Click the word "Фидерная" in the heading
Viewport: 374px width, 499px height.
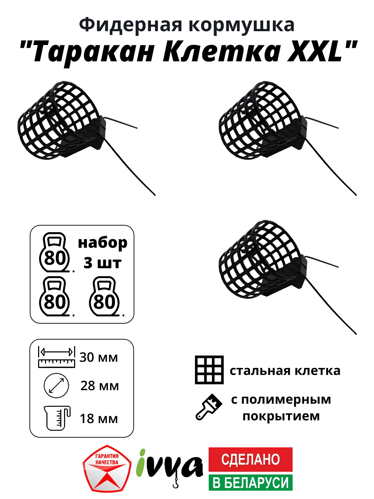pyautogui.click(x=130, y=25)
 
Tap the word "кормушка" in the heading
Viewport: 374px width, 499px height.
pyautogui.click(x=241, y=25)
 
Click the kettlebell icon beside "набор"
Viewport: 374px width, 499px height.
pyautogui.click(x=54, y=252)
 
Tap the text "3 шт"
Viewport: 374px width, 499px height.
pyautogui.click(x=103, y=263)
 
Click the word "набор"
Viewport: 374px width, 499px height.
pyautogui.click(x=103, y=243)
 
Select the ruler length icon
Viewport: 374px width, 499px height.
pyautogui.click(x=56, y=357)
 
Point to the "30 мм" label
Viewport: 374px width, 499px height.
pyautogui.click(x=99, y=357)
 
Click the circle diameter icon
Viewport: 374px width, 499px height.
pyautogui.click(x=56, y=385)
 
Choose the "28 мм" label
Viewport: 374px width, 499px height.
pyautogui.click(x=99, y=386)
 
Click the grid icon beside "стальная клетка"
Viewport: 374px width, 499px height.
pyautogui.click(x=209, y=370)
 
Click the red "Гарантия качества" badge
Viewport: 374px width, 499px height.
pyautogui.click(x=107, y=469)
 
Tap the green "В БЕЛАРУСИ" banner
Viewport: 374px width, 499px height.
pyautogui.click(x=250, y=482)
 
